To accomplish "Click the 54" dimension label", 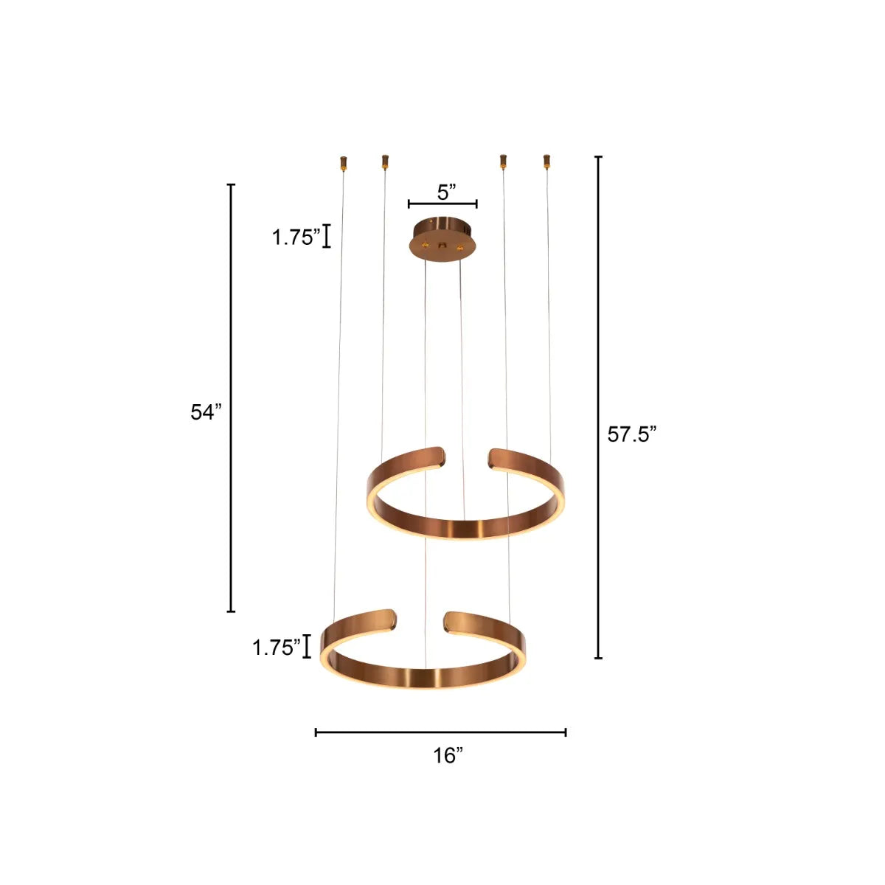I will [206, 412].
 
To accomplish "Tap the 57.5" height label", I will [631, 435].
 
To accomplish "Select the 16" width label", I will [448, 755].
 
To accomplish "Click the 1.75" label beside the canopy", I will [296, 237].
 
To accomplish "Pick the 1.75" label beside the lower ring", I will [277, 648].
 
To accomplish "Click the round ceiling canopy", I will [442, 236].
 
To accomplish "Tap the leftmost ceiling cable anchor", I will [343, 162].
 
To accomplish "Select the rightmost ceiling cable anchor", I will [546, 161].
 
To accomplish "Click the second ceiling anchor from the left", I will [384, 161].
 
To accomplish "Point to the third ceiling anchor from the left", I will [503, 161].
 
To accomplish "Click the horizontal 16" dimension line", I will [440, 732].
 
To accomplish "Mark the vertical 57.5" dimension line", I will [598, 407].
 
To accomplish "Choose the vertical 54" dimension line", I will [231, 398].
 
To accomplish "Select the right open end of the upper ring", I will [498, 457].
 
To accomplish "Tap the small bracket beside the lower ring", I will [307, 646].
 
